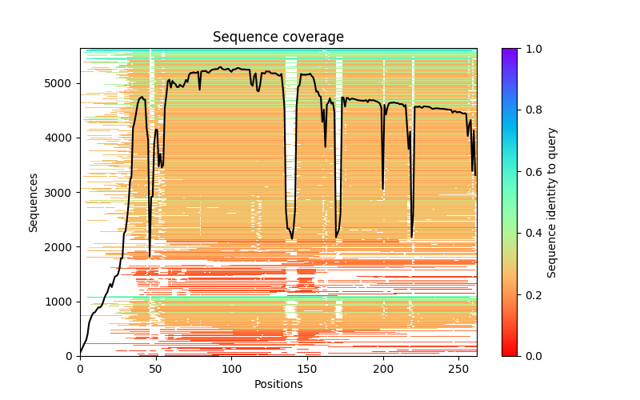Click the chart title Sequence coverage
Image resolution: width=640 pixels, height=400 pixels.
click(x=278, y=38)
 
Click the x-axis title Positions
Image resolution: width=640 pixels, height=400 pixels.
click(x=278, y=384)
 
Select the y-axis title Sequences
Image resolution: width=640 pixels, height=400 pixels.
click(x=34, y=202)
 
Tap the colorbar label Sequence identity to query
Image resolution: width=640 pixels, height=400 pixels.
click(x=552, y=202)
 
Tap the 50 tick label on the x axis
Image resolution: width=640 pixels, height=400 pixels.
click(x=155, y=368)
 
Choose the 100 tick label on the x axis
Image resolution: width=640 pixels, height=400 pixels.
click(x=231, y=368)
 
